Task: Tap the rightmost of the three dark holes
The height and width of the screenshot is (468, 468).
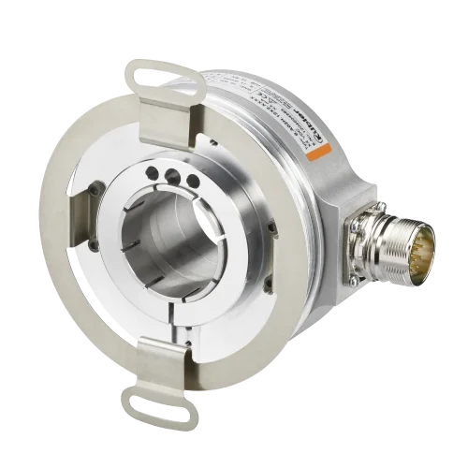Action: tap(192, 179)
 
